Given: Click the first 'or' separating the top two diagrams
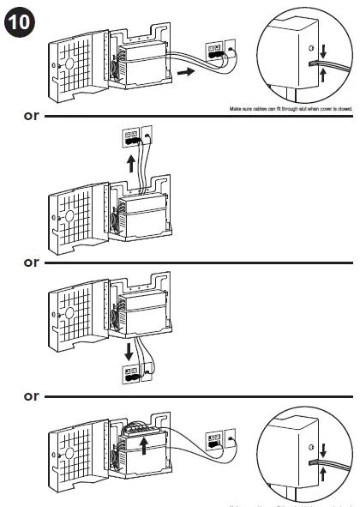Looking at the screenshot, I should coord(31,114).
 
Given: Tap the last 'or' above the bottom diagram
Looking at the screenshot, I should coord(31,395).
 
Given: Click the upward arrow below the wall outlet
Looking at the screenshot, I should coord(130,163).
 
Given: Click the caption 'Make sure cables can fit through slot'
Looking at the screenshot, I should coord(291,109).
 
